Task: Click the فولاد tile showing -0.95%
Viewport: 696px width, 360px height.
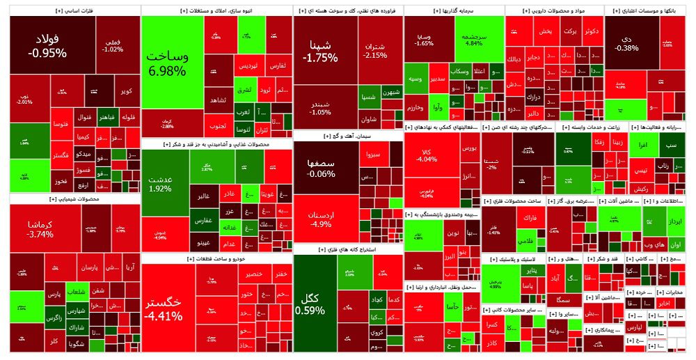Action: point(47,45)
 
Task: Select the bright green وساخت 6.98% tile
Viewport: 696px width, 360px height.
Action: point(166,63)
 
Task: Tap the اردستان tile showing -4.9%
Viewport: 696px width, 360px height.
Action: point(321,217)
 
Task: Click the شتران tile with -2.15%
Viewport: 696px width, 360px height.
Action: point(375,50)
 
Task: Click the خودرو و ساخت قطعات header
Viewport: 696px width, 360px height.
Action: point(217,258)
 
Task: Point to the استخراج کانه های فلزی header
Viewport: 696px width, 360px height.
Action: point(348,249)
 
